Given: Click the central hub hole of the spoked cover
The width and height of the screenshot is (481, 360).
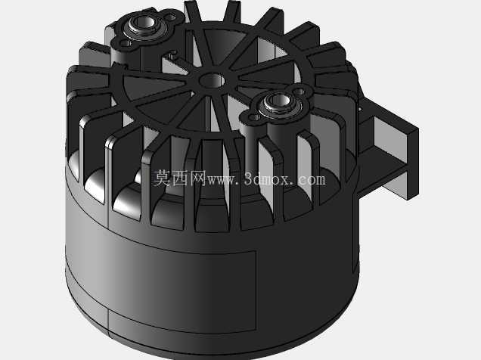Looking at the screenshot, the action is [x=212, y=80].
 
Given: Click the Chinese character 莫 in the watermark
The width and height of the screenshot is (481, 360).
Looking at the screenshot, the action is [x=162, y=178].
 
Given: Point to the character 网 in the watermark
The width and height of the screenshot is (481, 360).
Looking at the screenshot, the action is [x=197, y=178].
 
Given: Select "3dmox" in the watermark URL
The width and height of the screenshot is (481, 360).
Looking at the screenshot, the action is [x=266, y=178].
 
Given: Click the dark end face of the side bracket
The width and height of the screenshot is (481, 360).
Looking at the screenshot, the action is [x=413, y=164].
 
